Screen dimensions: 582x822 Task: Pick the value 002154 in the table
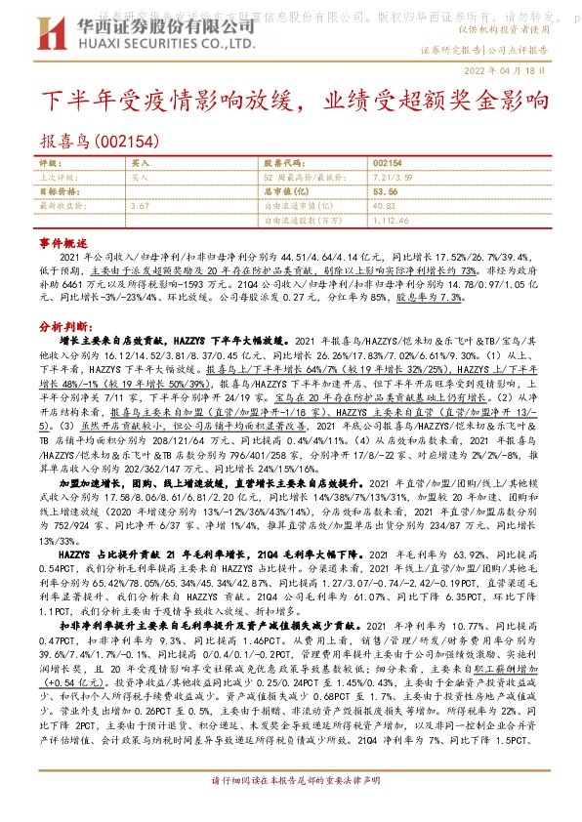pyautogui.click(x=388, y=162)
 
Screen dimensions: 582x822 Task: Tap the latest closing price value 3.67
pyautogui.click(x=139, y=206)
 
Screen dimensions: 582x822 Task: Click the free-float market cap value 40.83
pyautogui.click(x=383, y=206)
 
